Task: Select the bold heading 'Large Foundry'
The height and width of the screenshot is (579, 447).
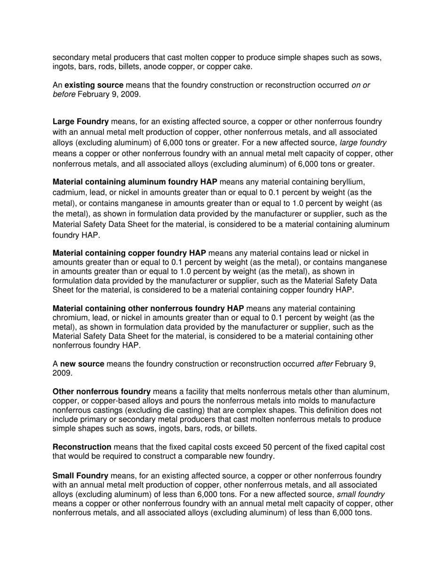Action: [x=80, y=122]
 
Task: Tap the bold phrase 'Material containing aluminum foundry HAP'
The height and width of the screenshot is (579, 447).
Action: [x=135, y=182]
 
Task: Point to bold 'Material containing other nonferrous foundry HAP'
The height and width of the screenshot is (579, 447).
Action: [x=148, y=309]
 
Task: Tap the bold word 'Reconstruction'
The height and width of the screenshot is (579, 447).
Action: [x=82, y=447]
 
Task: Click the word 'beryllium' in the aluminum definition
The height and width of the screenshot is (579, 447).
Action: [x=349, y=182]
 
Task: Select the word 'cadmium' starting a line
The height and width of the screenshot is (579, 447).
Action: [x=68, y=193]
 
